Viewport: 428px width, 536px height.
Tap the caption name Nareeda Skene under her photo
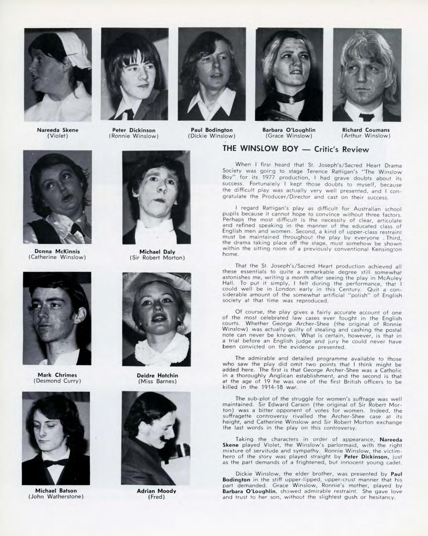[58, 130]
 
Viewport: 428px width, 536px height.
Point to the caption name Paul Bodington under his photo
[212, 130]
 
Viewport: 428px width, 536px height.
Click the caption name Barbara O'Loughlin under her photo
[289, 130]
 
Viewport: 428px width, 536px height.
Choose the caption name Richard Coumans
[366, 130]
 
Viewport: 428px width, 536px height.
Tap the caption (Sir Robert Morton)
[157, 258]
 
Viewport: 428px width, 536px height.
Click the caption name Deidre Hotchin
[157, 375]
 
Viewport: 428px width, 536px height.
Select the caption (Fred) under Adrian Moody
[156, 497]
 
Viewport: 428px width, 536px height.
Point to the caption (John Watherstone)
[56, 496]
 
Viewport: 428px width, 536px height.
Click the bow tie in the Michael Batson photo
[56, 463]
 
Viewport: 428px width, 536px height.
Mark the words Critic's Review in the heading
[342, 149]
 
